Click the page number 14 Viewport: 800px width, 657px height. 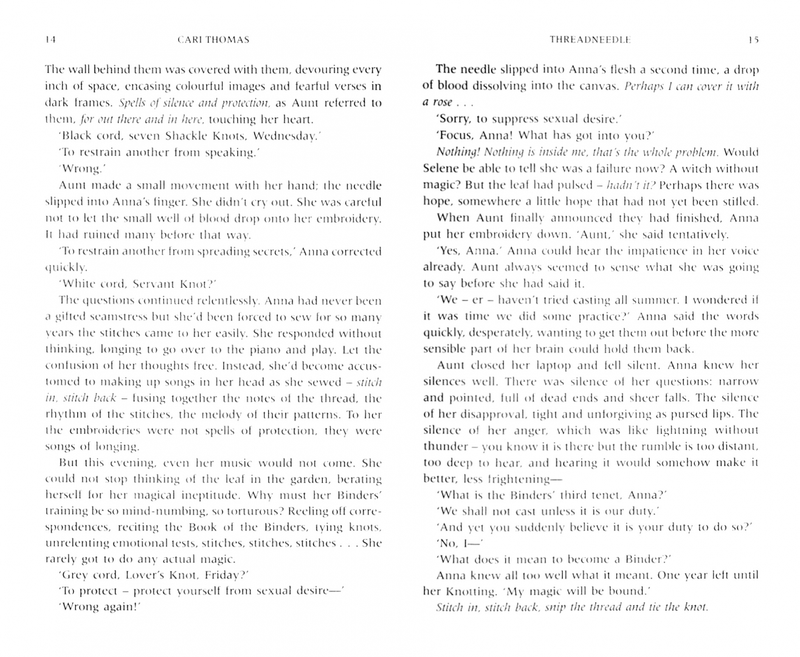click(x=50, y=40)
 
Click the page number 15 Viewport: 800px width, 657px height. click(x=753, y=40)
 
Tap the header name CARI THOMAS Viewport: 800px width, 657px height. click(x=213, y=40)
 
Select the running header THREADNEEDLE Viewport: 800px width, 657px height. click(x=590, y=40)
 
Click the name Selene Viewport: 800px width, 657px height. click(x=440, y=169)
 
